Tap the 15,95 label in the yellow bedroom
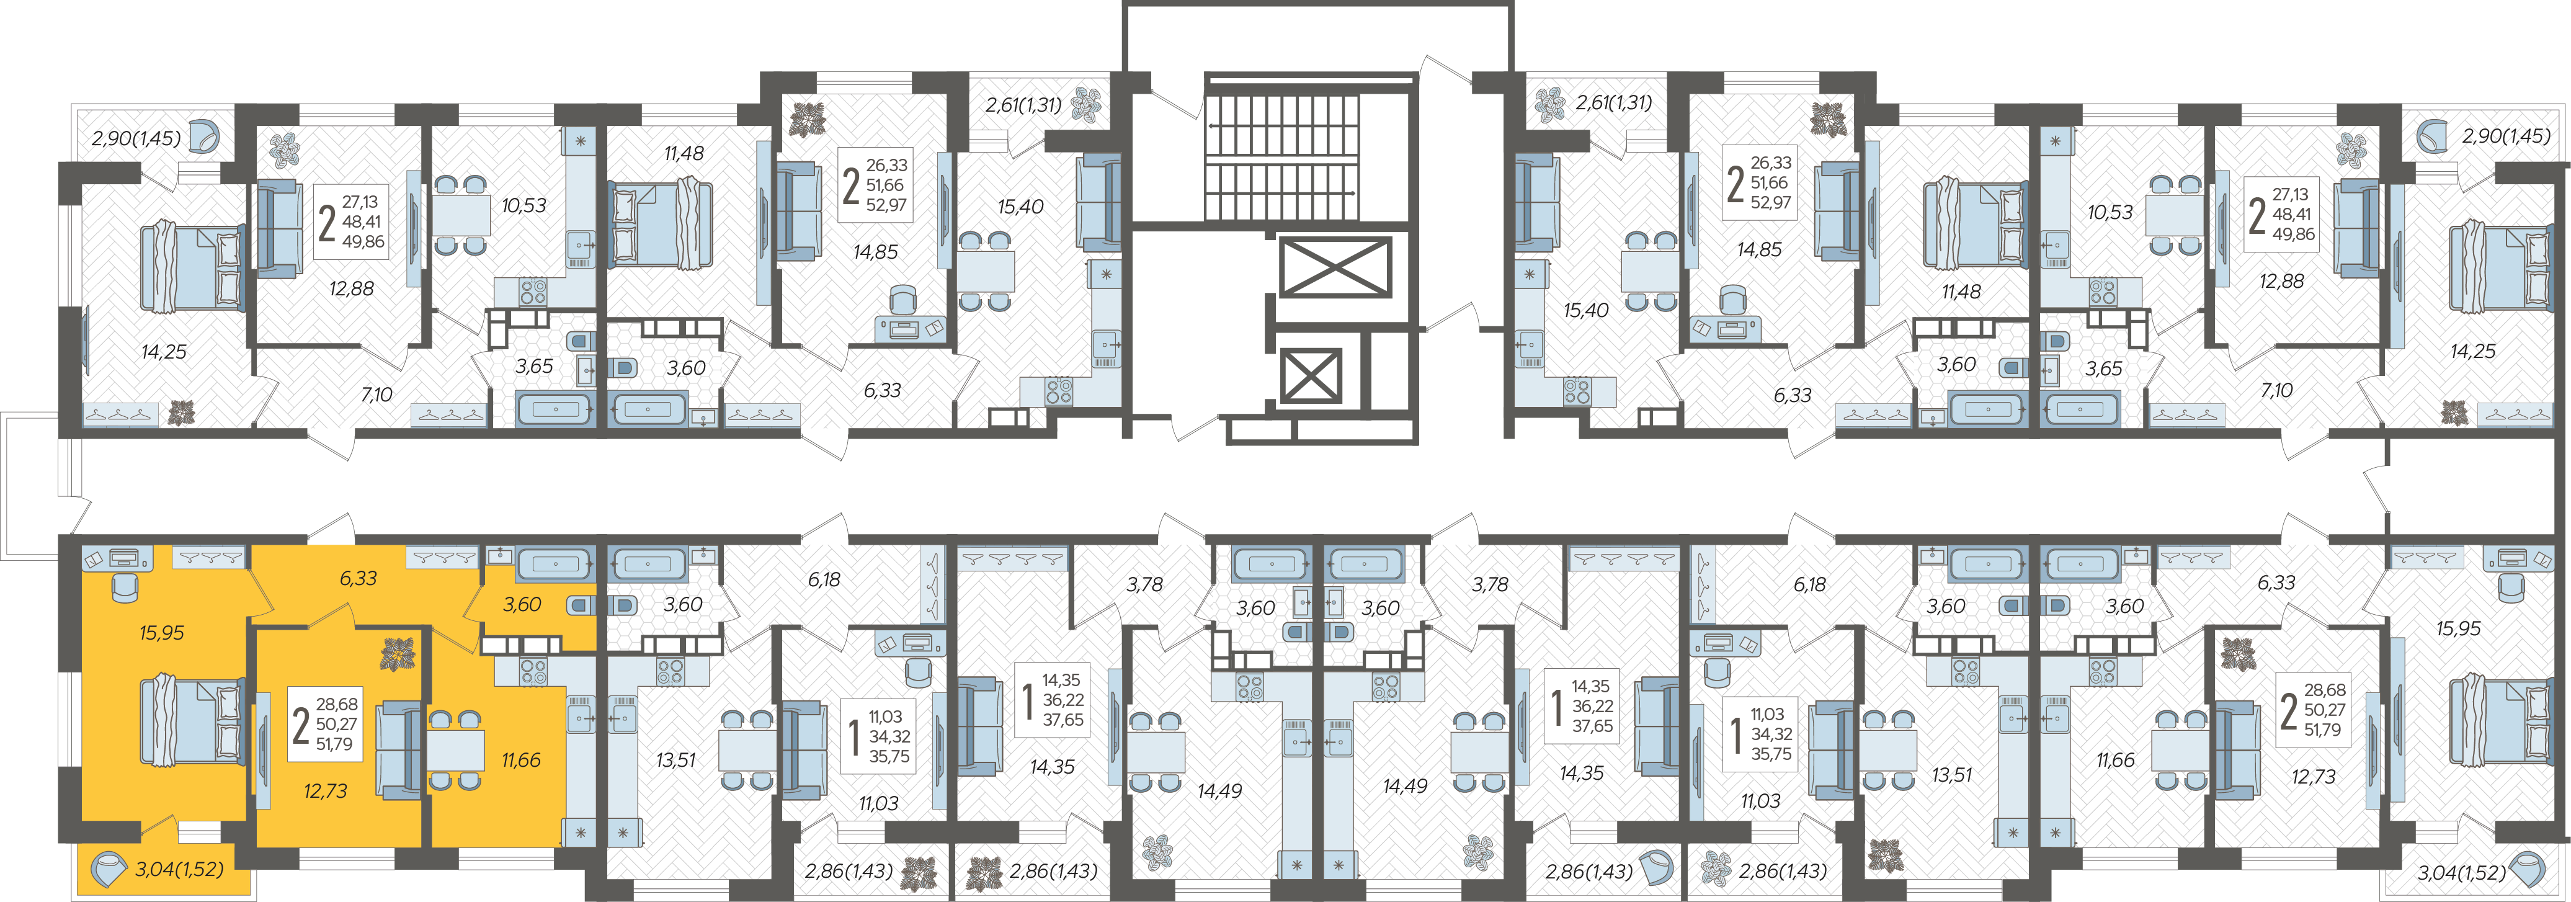pos(162,633)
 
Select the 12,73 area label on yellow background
pos(326,791)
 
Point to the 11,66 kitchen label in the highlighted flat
pos(521,761)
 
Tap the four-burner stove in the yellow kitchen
pos(533,671)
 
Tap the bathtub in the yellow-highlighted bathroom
pos(556,565)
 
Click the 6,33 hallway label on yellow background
pos(359,578)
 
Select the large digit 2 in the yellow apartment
pos(300,725)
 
